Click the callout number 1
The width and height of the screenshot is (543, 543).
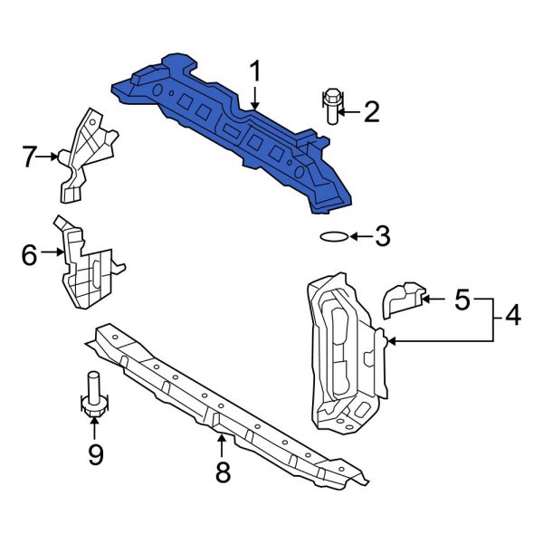coord(256,71)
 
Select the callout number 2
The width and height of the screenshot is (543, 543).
coord(371,112)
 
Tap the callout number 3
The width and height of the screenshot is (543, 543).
coord(382,237)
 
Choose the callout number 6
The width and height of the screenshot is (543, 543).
coord(29,256)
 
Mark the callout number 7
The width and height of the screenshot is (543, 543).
coord(30,157)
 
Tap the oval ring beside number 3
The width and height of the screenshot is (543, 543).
coord(333,237)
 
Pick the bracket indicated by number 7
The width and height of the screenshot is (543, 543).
coord(86,154)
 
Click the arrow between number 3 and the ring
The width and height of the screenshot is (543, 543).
coord(359,237)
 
